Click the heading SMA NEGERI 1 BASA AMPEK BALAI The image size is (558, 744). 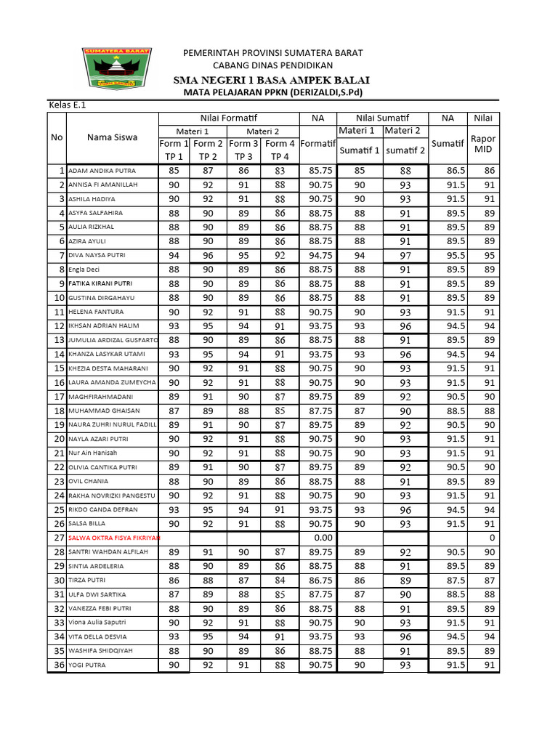click(272, 79)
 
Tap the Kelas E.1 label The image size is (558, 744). click(67, 105)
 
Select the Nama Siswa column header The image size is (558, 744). click(112, 137)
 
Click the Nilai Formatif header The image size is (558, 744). click(229, 118)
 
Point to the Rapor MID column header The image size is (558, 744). click(483, 143)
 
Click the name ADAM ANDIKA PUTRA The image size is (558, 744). click(102, 171)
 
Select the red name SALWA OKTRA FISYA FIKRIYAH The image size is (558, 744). click(114, 538)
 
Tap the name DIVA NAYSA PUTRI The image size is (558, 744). click(97, 256)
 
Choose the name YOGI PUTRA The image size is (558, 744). click(86, 665)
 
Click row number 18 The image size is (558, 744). click(58, 411)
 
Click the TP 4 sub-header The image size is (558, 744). click(280, 157)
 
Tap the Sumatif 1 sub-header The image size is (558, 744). click(360, 150)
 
